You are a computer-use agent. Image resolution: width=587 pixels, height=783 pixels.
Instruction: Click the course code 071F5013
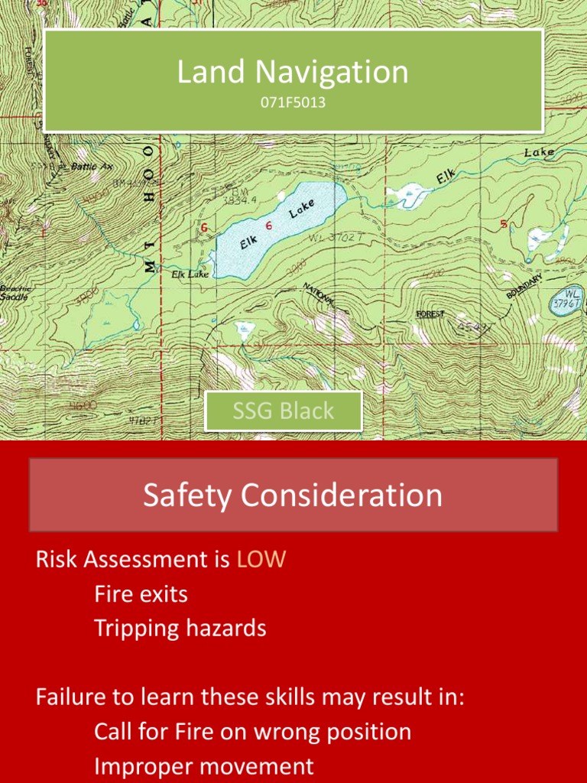(293, 102)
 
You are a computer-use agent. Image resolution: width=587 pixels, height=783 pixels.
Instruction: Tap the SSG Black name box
(284, 411)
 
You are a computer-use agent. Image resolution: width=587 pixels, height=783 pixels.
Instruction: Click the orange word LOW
(261, 560)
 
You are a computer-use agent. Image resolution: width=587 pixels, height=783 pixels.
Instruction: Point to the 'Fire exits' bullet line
(141, 594)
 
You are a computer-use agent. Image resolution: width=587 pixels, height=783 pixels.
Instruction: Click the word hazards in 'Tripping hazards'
(229, 629)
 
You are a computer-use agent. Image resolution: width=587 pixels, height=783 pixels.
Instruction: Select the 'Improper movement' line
(203, 766)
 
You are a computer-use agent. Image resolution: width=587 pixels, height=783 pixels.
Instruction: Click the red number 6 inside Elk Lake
(269, 226)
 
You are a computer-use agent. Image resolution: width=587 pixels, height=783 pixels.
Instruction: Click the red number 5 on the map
(503, 225)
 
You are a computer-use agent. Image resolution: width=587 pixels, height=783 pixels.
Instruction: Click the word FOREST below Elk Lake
(430, 314)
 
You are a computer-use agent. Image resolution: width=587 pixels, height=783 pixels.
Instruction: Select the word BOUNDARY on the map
(524, 286)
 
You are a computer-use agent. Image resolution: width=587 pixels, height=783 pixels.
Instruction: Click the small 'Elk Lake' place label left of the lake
(189, 273)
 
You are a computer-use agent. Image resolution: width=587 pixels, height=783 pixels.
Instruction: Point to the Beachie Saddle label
(14, 292)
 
